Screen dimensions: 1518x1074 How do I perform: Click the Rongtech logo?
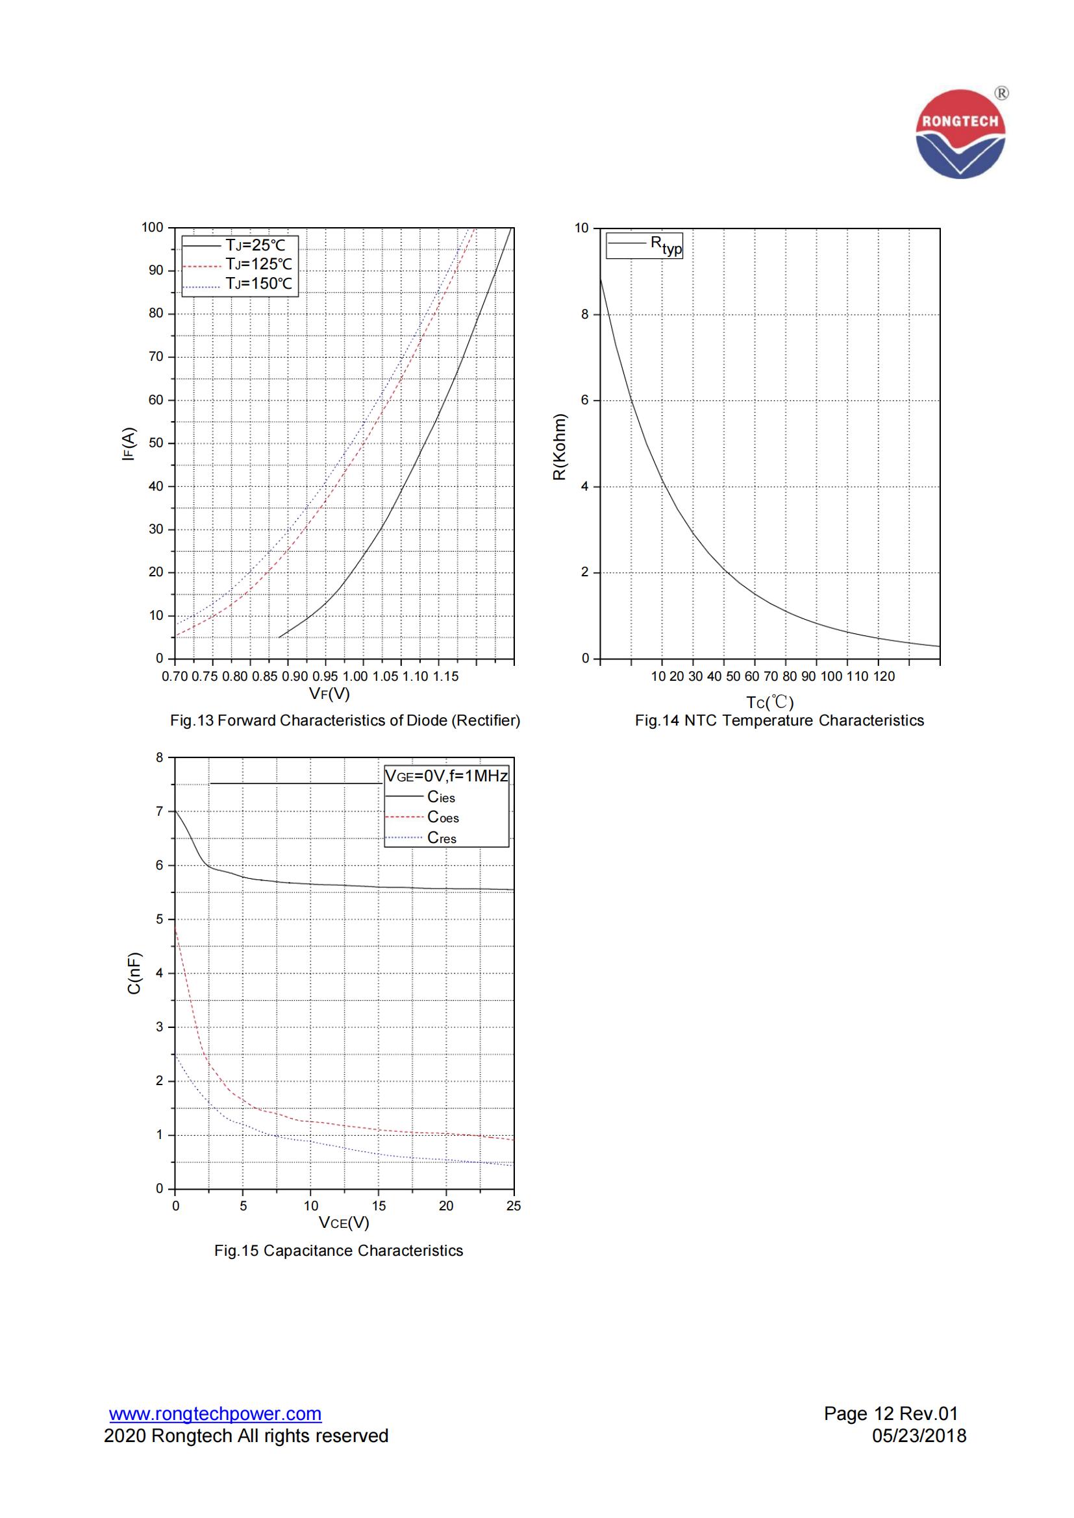(x=960, y=134)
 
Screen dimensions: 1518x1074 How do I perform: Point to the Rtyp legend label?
(x=666, y=245)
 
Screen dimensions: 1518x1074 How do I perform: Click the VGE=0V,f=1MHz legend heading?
(x=446, y=776)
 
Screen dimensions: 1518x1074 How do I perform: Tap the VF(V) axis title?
(x=329, y=694)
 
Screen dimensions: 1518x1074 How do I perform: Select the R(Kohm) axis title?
(x=560, y=447)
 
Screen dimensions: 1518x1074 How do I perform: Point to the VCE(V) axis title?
(x=344, y=1223)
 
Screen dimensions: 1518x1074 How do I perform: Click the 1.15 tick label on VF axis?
(x=445, y=676)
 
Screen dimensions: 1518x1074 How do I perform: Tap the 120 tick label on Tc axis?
(x=884, y=676)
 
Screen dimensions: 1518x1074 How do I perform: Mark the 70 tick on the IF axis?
(x=156, y=357)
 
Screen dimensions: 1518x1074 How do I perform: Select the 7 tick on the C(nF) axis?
(x=159, y=811)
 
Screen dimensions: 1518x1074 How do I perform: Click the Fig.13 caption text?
(x=345, y=720)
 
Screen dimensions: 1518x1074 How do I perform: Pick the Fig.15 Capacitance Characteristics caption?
(x=338, y=1251)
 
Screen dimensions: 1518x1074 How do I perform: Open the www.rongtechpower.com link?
(x=216, y=1414)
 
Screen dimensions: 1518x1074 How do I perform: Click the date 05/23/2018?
(x=919, y=1436)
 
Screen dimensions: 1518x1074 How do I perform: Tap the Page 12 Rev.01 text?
(x=891, y=1414)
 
